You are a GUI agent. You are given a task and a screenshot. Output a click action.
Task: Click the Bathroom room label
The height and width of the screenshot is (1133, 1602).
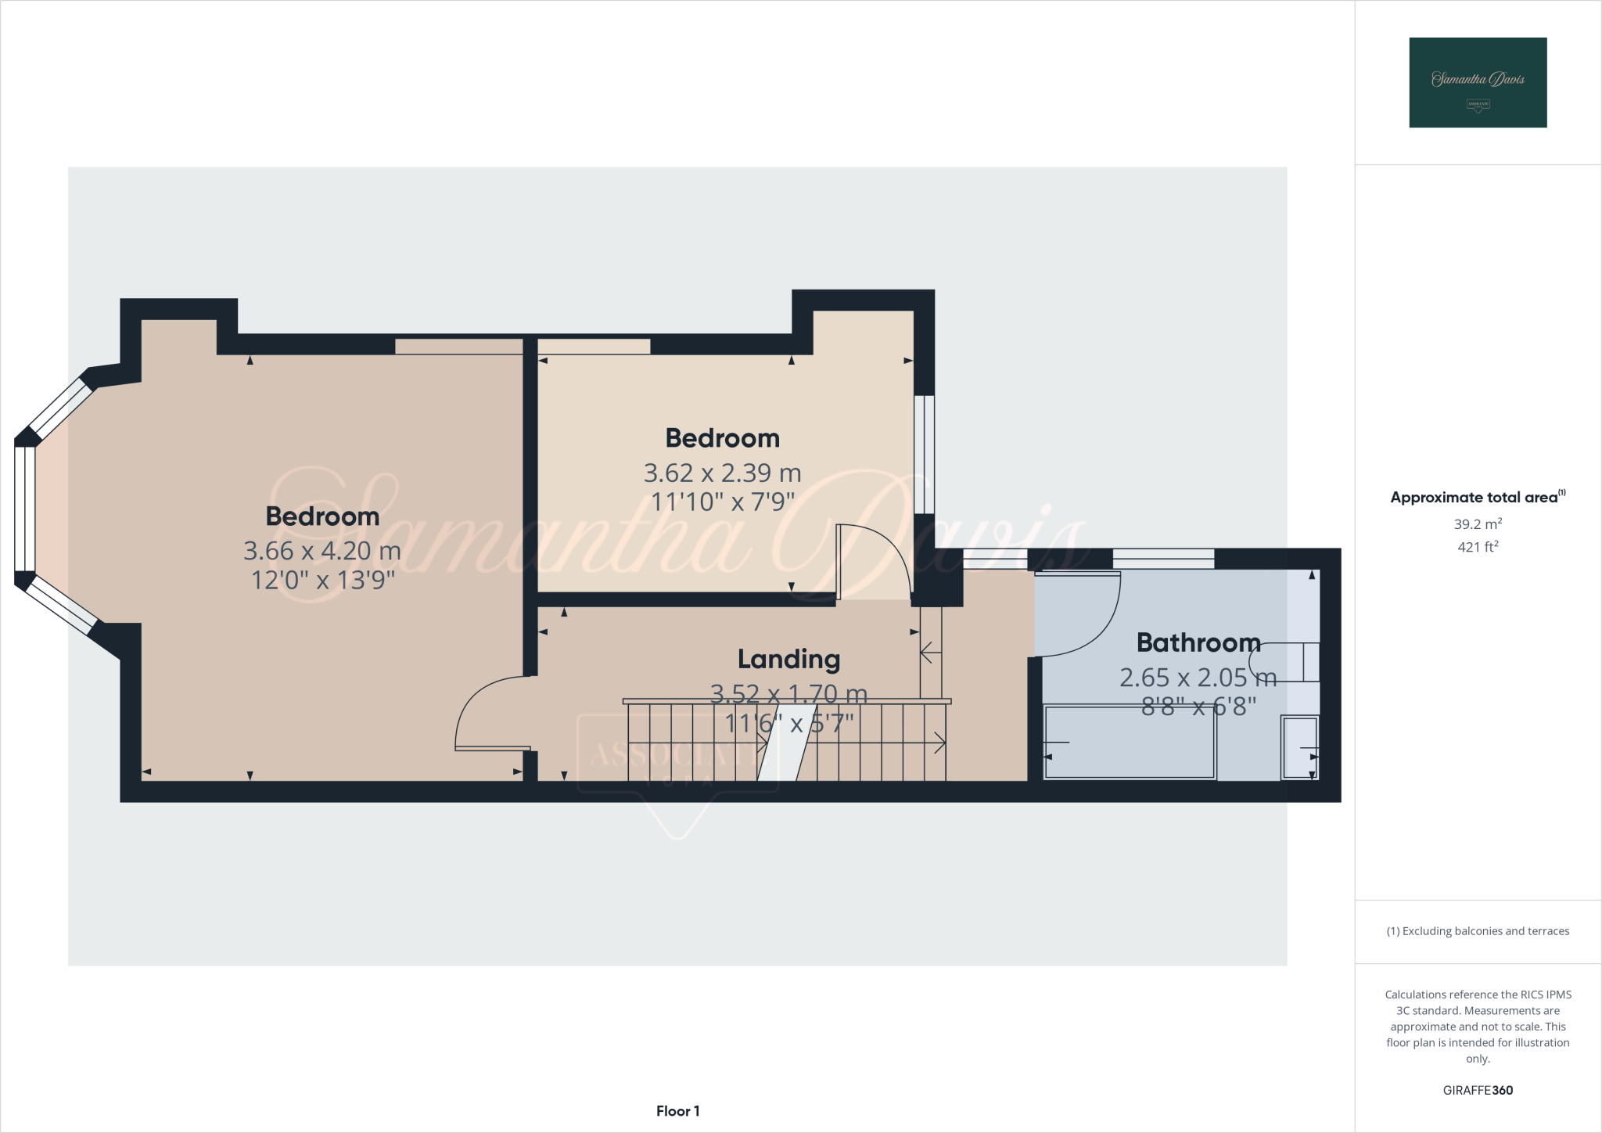pyautogui.click(x=1198, y=642)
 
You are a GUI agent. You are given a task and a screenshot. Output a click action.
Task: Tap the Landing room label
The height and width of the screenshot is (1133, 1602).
pyautogui.click(x=788, y=660)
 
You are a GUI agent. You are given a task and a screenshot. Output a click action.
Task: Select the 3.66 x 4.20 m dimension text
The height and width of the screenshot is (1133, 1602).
pyautogui.click(x=322, y=551)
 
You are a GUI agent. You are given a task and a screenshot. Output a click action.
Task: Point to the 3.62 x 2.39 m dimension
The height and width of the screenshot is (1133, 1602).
pyautogui.click(x=722, y=473)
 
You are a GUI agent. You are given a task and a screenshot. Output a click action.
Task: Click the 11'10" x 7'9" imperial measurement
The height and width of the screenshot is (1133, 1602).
pyautogui.click(x=722, y=502)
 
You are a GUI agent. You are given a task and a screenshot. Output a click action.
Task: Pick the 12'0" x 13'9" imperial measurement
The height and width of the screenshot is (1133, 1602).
pyautogui.click(x=322, y=580)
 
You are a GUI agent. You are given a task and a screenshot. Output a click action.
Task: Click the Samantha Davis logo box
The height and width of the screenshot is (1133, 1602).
pyautogui.click(x=1478, y=82)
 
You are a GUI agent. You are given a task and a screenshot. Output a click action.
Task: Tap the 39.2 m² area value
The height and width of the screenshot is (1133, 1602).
pyautogui.click(x=1478, y=523)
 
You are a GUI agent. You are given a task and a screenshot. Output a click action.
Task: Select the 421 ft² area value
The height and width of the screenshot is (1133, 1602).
pyautogui.click(x=1478, y=547)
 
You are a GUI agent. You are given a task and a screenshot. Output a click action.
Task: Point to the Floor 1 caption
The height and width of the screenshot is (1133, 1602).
pyautogui.click(x=677, y=1111)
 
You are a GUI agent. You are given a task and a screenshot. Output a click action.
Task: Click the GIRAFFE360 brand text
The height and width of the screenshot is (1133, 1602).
pyautogui.click(x=1478, y=1090)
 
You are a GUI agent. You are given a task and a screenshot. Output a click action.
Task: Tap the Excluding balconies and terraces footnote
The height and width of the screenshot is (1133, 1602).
pyautogui.click(x=1478, y=931)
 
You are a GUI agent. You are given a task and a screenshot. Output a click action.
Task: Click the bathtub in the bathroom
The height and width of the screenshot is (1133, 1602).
pyautogui.click(x=1130, y=743)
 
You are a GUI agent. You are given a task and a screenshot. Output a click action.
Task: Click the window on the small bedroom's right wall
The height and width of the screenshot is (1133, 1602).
pyautogui.click(x=924, y=454)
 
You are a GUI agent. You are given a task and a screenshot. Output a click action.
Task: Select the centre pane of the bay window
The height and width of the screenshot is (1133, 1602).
pyautogui.click(x=24, y=509)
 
